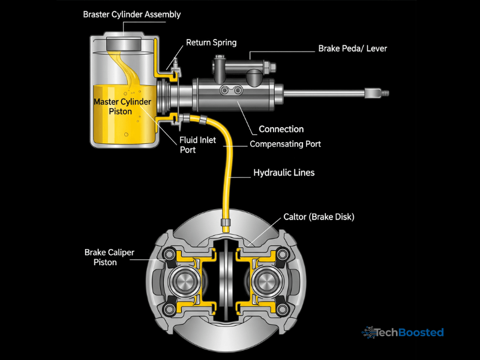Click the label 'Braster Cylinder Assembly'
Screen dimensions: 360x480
click(131, 14)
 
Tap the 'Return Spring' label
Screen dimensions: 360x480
click(211, 43)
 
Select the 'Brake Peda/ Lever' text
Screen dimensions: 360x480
click(352, 48)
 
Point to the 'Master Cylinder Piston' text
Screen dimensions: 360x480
click(122, 106)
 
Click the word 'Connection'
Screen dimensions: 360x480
click(281, 129)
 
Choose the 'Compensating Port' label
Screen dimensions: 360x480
click(285, 144)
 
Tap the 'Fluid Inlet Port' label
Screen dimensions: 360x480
click(196, 145)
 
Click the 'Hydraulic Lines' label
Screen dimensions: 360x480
click(283, 173)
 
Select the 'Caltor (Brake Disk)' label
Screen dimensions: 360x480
click(319, 217)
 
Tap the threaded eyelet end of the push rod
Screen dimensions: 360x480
click(382, 93)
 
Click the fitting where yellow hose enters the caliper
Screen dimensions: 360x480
click(226, 224)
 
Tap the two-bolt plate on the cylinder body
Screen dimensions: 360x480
click(230, 91)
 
